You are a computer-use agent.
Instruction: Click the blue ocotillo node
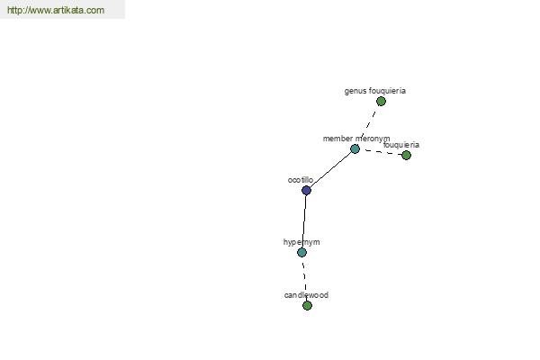[x=306, y=190]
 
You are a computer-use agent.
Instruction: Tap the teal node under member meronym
[x=355, y=148]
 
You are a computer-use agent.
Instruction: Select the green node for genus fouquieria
[x=381, y=102]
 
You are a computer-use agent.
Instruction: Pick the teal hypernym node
[x=301, y=252]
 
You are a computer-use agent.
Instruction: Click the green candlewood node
[x=307, y=305]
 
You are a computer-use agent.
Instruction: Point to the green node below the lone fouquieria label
[x=407, y=155]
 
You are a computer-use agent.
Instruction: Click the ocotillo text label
[x=301, y=180]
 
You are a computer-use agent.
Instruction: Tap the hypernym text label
[x=301, y=242]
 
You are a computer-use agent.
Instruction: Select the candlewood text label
[x=306, y=295]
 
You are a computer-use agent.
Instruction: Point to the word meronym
[x=373, y=139]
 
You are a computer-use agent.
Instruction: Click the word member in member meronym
[x=337, y=139]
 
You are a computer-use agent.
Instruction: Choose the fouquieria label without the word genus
[x=401, y=145]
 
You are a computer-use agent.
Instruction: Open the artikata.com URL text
[x=56, y=10]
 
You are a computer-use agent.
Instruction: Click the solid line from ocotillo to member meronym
[x=330, y=169]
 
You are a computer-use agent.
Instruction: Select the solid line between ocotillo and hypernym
[x=304, y=221]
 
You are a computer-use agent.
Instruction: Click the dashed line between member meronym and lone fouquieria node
[x=382, y=152]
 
